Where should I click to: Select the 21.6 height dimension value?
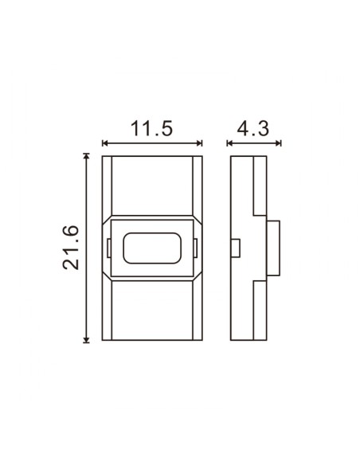(72, 248)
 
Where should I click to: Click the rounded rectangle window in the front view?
(152, 248)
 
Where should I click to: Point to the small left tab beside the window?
(108, 248)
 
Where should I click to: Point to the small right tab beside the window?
(197, 248)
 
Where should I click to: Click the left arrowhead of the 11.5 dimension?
(106, 144)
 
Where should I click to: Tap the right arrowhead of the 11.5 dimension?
(199, 144)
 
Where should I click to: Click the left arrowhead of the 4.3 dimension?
(231, 144)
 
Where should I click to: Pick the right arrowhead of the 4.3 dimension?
(280, 144)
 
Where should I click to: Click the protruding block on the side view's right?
(273, 248)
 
